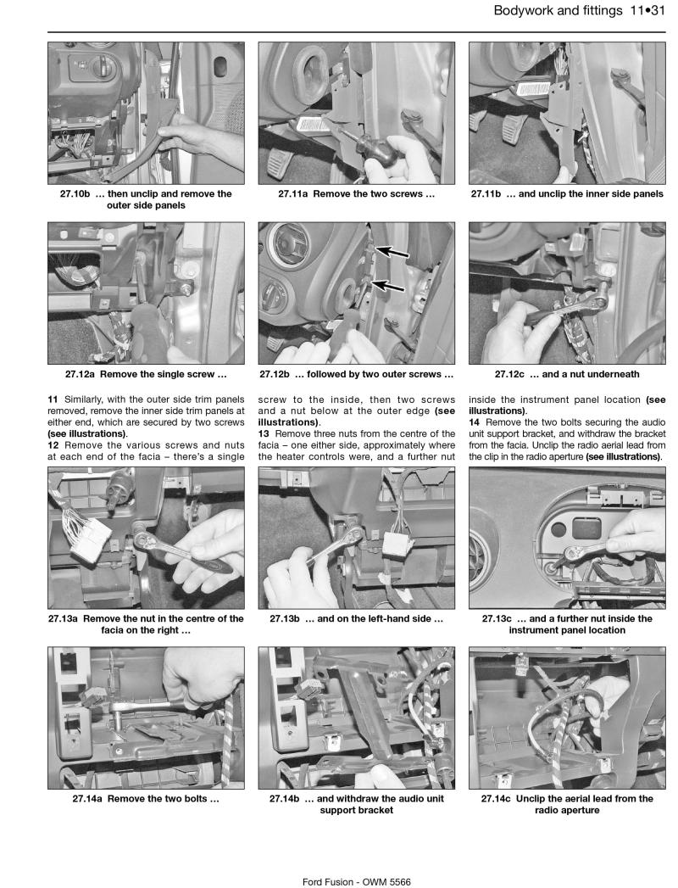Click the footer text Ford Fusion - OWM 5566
tap(357, 859)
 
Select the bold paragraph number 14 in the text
tap(474, 422)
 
